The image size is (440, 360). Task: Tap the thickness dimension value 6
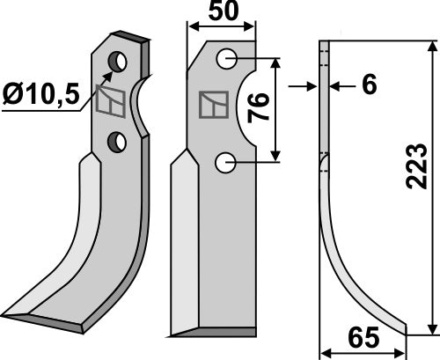tap(370, 85)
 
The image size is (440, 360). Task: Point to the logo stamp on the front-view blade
tap(211, 106)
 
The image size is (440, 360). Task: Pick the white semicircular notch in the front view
tap(246, 110)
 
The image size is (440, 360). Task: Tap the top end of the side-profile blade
tap(324, 44)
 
